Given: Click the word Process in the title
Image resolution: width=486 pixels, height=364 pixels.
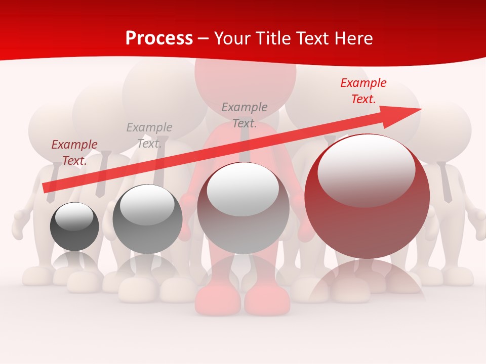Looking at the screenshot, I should (x=159, y=38).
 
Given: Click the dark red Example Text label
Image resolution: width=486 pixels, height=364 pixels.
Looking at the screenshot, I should (x=74, y=153).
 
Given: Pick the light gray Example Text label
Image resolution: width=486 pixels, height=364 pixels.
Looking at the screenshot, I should (x=149, y=135).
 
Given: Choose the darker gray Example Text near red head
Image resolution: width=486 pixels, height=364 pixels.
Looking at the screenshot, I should (x=245, y=115).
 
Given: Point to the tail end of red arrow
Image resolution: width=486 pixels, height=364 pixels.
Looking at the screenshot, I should (x=46, y=188).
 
